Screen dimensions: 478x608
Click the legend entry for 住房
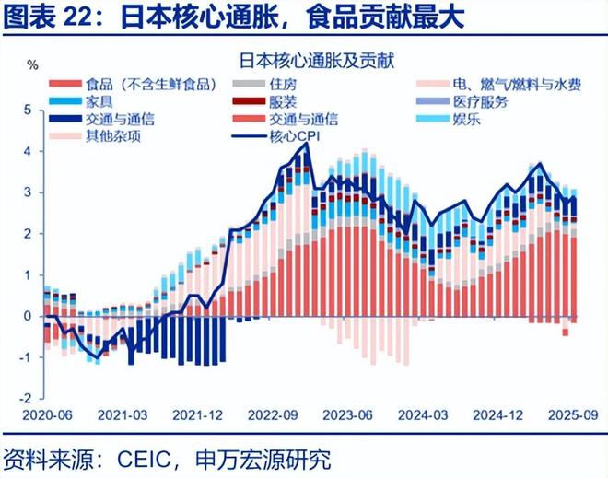(x=284, y=85)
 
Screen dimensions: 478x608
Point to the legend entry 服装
(x=284, y=101)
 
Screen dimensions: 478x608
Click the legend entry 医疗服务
(x=480, y=101)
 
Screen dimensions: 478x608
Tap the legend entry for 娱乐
(x=466, y=119)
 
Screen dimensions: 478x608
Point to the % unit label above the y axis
(x=32, y=65)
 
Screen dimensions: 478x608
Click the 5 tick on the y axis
(x=28, y=110)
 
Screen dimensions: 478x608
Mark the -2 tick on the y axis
(x=25, y=399)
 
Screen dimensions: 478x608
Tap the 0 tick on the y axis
(x=28, y=316)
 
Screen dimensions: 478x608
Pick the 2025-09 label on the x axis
(x=568, y=414)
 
